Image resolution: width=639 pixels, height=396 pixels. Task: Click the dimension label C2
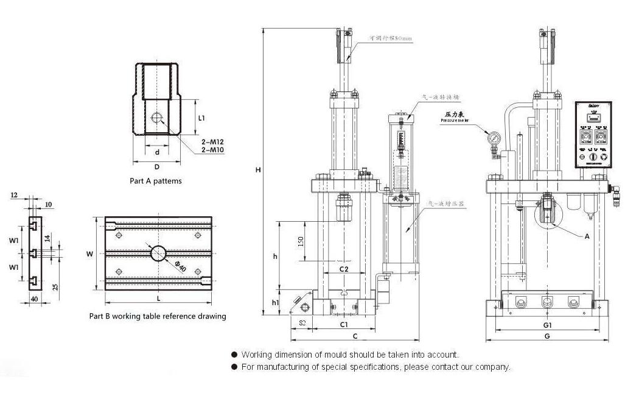(343, 269)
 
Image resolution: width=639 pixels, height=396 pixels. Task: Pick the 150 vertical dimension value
(300, 242)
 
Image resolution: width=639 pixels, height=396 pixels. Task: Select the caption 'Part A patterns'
(156, 181)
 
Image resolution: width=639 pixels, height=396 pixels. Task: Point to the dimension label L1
(202, 117)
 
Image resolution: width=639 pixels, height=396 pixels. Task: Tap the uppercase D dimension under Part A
(156, 166)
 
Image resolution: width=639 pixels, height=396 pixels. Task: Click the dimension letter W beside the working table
(89, 254)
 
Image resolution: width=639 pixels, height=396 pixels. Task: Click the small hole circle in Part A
(157, 118)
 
